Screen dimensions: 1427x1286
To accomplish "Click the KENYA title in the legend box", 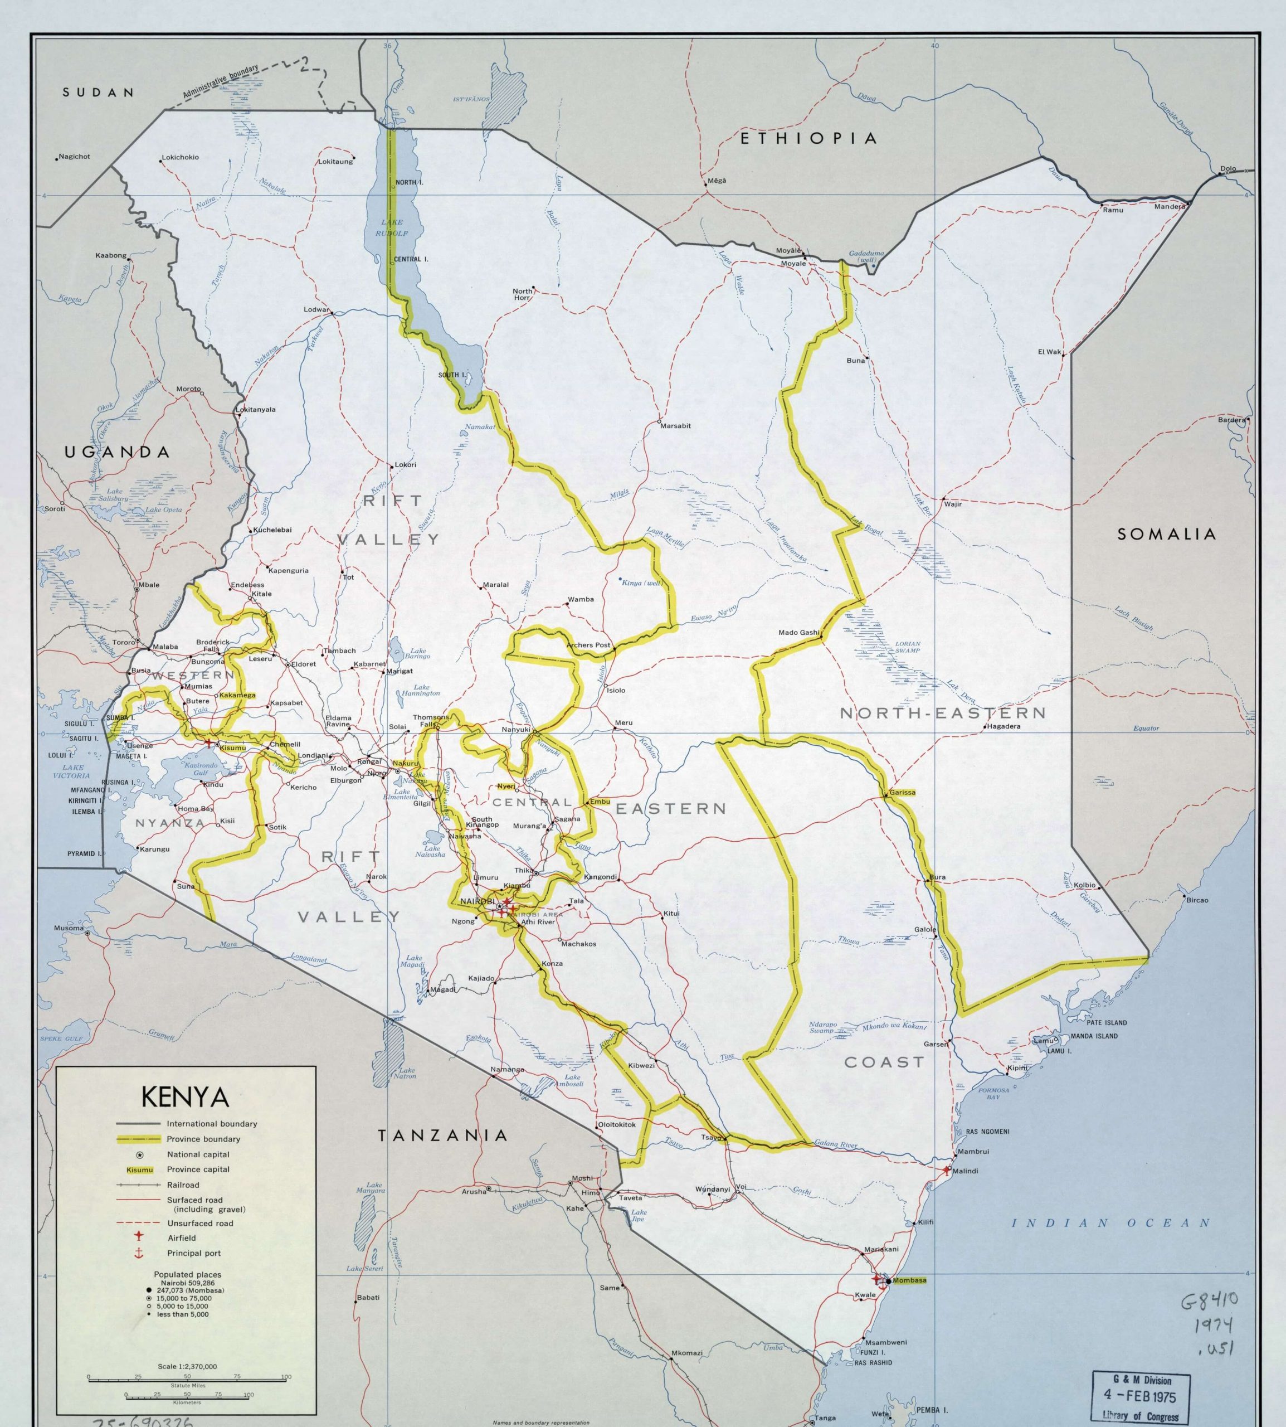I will (x=186, y=1097).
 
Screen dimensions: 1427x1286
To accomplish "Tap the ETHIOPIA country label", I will (x=808, y=139).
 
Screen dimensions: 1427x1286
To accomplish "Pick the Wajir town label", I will (x=952, y=504).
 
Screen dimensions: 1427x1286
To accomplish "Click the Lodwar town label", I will (x=316, y=309).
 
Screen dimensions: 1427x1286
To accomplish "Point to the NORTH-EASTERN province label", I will (x=943, y=713).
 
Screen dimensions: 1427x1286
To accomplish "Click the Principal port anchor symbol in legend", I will (x=139, y=1253).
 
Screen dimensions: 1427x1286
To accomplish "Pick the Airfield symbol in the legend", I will (x=139, y=1237).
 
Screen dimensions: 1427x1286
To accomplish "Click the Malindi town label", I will (x=965, y=1171).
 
